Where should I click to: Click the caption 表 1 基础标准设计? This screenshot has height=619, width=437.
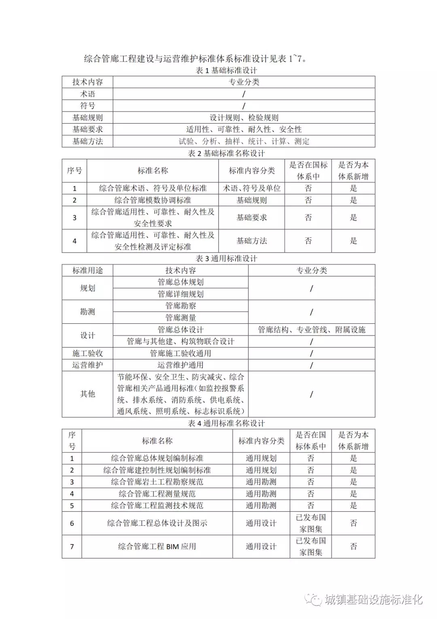[x=226, y=70]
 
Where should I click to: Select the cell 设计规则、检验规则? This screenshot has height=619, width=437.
[x=244, y=118]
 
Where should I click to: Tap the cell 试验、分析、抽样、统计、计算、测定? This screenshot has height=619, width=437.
[x=244, y=141]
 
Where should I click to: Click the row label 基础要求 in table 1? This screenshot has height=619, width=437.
[x=87, y=130]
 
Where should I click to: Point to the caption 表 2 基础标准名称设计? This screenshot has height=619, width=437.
[x=226, y=154]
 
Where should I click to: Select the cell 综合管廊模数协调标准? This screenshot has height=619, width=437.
[x=153, y=200]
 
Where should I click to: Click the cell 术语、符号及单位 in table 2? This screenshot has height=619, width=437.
[x=252, y=188]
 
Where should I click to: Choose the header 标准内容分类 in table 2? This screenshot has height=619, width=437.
[x=252, y=171]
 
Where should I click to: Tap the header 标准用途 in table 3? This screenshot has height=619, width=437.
[x=87, y=271]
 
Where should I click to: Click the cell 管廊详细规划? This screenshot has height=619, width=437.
[x=180, y=294]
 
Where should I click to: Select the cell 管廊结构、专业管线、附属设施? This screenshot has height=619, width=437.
[x=312, y=330]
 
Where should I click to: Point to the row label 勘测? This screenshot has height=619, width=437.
[x=87, y=312]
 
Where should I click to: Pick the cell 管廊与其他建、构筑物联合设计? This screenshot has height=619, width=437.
[x=180, y=342]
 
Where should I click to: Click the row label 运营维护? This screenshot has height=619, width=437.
[x=87, y=365]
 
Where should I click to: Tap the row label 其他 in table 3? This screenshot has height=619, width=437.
[x=87, y=394]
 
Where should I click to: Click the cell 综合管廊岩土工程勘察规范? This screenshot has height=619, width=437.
[x=157, y=482]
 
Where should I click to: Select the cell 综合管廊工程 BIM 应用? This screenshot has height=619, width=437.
[x=157, y=546]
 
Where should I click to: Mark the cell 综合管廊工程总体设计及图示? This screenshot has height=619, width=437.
[x=157, y=523]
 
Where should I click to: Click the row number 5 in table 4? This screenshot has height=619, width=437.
[x=72, y=506]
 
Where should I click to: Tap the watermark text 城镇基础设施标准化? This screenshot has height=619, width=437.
[x=373, y=600]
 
